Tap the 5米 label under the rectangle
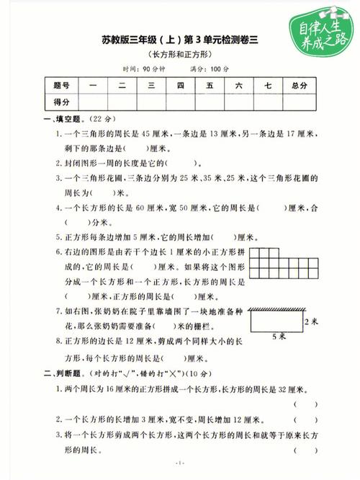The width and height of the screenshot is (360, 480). coord(278,337)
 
